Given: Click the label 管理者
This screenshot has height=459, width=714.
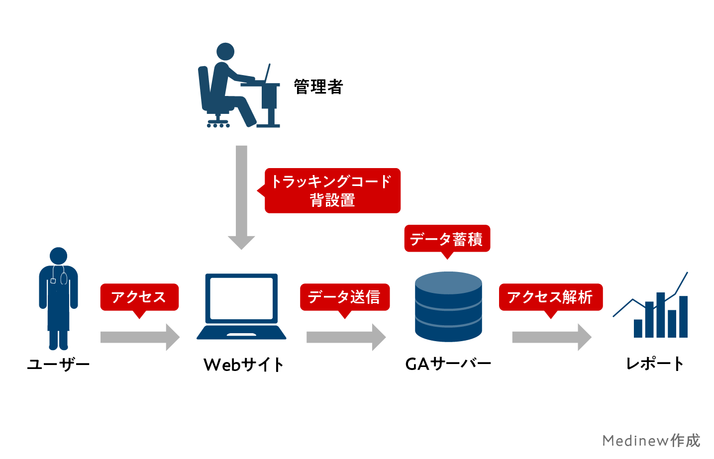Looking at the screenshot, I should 318,87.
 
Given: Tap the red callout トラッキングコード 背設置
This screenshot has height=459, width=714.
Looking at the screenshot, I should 332,190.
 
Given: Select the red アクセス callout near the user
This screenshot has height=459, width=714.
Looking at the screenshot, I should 139,297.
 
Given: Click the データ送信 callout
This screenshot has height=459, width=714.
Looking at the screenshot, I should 344,297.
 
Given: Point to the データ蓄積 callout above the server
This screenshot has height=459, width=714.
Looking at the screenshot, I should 447,239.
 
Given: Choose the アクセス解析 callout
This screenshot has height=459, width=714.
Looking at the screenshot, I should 550,297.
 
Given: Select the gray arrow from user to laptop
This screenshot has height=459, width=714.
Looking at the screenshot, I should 139,337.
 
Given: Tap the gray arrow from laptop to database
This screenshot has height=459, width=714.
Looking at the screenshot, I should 345,337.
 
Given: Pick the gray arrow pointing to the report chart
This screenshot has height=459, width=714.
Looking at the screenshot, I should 551,337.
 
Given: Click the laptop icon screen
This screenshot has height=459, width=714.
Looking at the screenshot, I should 241,298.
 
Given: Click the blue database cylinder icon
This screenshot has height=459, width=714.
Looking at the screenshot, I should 448,306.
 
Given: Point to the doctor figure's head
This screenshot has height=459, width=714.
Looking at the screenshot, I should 58,256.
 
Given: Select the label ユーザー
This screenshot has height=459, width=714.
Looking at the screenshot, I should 58,365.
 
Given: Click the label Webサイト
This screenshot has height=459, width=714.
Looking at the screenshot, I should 243,365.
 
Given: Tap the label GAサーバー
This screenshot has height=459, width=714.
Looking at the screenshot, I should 448,364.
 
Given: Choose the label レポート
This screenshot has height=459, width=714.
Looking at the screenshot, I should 655,364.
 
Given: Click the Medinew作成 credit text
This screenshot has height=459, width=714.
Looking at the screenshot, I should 651,440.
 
